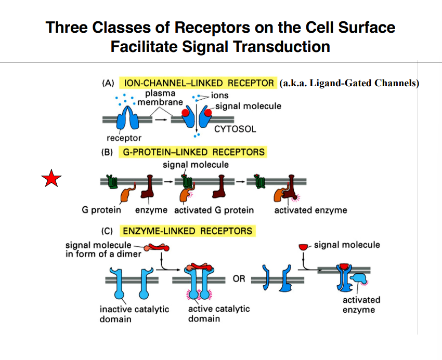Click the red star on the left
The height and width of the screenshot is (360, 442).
point(51,179)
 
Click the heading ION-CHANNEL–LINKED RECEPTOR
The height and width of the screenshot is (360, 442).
point(198,83)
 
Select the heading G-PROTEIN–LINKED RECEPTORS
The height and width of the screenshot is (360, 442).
point(193,152)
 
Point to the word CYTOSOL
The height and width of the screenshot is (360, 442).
point(235,129)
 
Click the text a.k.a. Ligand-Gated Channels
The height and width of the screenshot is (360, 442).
point(349,83)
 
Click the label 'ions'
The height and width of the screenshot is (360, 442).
point(220,96)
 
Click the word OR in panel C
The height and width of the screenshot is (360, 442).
point(239,279)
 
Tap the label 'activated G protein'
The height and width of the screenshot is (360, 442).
point(214,210)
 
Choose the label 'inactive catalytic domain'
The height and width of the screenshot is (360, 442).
point(134,314)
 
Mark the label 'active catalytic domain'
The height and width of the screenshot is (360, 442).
point(218,314)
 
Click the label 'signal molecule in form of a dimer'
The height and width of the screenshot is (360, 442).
point(103,249)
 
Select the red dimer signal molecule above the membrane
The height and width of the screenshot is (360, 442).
point(157,248)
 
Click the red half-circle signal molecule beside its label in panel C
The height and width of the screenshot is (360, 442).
point(304,247)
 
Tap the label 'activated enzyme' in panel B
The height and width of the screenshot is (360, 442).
point(310,210)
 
